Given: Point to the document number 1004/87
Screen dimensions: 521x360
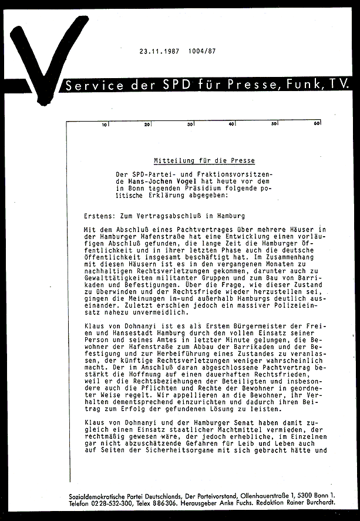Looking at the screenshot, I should click(202, 51).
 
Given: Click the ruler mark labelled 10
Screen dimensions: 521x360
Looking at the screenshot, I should click(105, 125).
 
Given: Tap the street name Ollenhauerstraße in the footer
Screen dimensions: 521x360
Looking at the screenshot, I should click(263, 496).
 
